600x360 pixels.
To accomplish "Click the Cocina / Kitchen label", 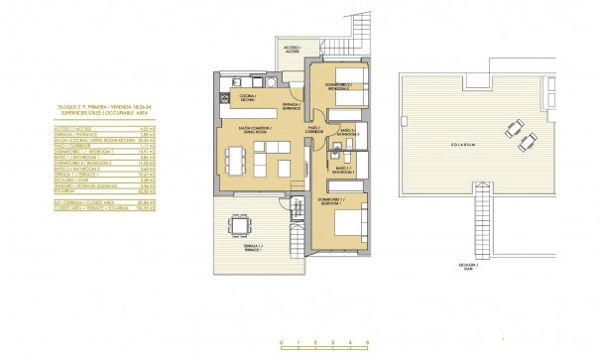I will (247, 96).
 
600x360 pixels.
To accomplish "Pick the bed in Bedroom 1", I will (349, 223).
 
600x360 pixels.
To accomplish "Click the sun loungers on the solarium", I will (514, 131).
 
